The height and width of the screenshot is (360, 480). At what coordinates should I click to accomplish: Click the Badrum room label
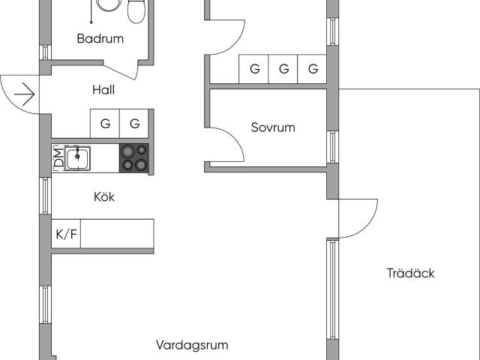pos(100,39)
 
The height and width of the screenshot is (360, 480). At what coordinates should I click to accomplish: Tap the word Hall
pos(103,90)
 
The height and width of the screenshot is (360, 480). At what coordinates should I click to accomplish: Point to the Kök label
pos(104,197)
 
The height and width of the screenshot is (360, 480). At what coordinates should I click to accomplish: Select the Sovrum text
pos(273,127)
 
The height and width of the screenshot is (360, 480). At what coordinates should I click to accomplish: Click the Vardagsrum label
pos(192,346)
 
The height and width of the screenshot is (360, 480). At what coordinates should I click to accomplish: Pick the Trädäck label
pos(410,274)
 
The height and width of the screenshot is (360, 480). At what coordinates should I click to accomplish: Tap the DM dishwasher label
pos(58,157)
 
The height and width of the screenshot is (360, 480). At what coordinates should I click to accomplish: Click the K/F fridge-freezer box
pos(66,235)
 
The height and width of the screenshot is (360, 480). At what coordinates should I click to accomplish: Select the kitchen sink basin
pos(77,158)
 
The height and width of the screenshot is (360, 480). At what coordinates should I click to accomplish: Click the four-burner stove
pos(134,157)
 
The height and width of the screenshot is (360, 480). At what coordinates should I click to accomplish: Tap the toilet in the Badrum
pos(136,10)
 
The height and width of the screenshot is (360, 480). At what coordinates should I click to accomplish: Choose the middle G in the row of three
pos(283,70)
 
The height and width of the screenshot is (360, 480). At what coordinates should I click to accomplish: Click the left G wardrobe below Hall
pos(105,124)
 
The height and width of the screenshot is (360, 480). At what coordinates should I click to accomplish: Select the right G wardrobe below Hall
pos(134,124)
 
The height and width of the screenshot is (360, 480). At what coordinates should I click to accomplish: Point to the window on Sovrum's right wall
pos(331,147)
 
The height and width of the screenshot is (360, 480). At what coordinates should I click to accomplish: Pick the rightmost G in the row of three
pos(313,70)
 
